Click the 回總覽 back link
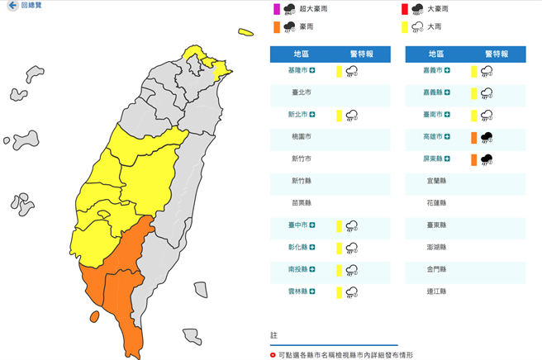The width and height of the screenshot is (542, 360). (26, 5)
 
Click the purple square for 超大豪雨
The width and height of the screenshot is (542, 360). (277, 9)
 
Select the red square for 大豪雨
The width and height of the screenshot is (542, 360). (403, 9)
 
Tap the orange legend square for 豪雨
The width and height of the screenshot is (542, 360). (277, 27)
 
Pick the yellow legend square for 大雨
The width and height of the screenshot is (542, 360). (403, 27)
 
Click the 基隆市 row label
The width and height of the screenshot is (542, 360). (301, 71)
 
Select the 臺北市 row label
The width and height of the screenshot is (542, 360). (301, 93)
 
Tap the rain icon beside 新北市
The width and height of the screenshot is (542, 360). (351, 115)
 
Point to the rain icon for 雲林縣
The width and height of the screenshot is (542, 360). (351, 291)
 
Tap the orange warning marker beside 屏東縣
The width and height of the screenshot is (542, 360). (473, 159)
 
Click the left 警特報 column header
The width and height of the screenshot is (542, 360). (356, 53)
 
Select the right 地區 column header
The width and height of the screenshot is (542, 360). (436, 53)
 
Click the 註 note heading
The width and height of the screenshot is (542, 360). (274, 335)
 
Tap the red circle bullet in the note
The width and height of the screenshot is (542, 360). (273, 354)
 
